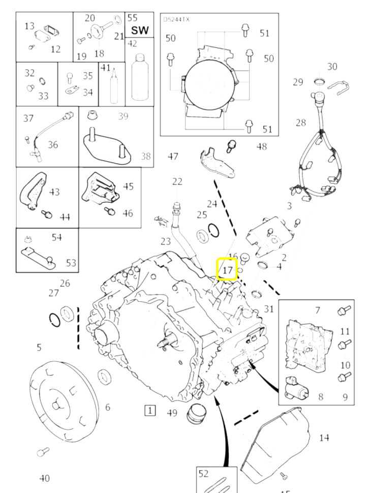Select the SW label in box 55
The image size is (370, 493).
[x=139, y=30]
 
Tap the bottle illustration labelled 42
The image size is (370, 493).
[x=139, y=79]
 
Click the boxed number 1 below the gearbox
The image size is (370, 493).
[x=149, y=410]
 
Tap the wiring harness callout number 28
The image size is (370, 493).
[x=301, y=123]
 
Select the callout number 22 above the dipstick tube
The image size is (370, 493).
[x=176, y=181]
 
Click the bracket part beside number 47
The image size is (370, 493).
[x=214, y=163]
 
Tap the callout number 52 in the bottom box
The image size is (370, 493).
[x=204, y=474]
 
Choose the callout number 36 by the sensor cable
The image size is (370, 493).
[x=53, y=145]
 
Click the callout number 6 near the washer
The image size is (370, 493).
[x=108, y=407]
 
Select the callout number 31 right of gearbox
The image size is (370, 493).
[x=269, y=309]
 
